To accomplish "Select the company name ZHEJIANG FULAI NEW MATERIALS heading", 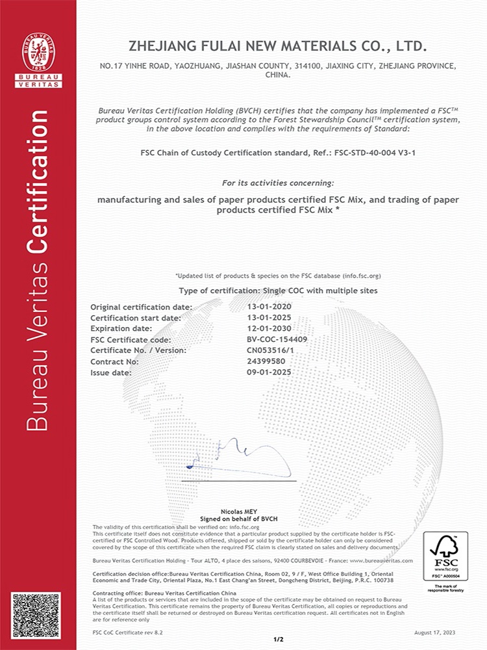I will click(278, 47).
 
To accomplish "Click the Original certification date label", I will click(141, 307).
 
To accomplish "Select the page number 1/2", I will click(279, 640).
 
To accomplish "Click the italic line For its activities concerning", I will click(278, 183).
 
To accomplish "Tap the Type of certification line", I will click(278, 291).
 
